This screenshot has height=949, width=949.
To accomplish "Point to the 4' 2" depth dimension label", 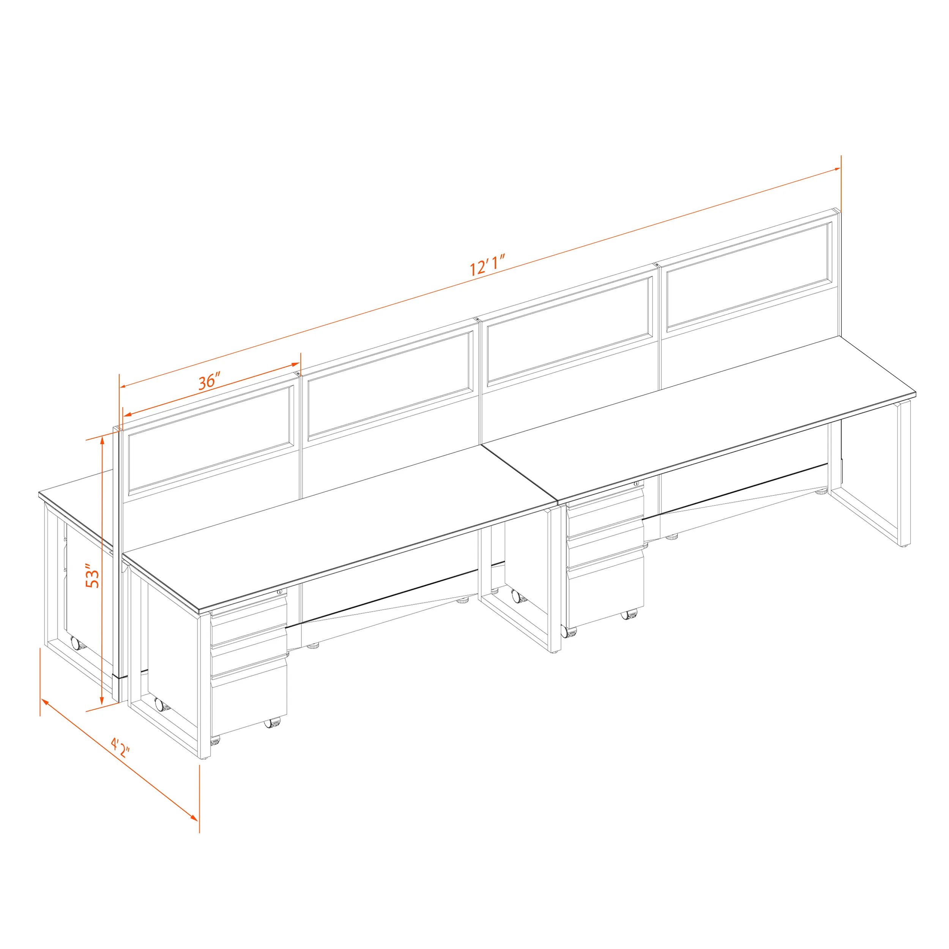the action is point(120,747).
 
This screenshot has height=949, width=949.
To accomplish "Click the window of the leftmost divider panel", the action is point(211,440).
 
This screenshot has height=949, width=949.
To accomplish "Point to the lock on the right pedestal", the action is point(636,484).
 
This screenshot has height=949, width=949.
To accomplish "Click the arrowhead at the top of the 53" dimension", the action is point(102,441).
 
